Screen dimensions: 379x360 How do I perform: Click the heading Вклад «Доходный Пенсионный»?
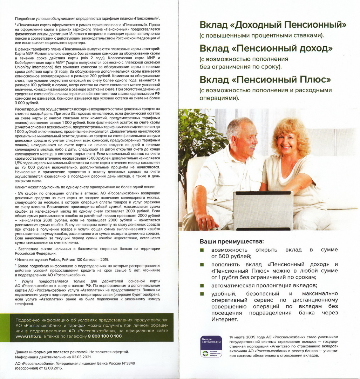(273, 25)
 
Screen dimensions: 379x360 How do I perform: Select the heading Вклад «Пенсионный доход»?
(266, 48)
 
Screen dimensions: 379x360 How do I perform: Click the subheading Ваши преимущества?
(232, 241)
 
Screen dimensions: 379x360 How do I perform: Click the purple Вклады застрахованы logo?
(211, 346)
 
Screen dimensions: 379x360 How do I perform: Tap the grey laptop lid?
(263, 210)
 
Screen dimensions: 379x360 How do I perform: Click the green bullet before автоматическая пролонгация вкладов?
(202, 286)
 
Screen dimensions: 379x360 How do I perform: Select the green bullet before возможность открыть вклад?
(202, 250)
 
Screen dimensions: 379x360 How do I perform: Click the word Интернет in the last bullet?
(224, 319)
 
